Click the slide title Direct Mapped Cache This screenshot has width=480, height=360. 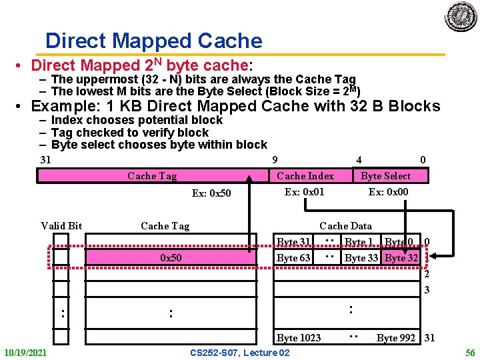[153, 41]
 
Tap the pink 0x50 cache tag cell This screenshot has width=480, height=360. [171, 257]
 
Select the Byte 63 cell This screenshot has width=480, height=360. [293, 258]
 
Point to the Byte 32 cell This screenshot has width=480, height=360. [401, 258]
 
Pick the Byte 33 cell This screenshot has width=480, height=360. [361, 258]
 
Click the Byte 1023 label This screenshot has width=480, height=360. [299, 338]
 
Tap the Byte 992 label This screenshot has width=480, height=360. [396, 338]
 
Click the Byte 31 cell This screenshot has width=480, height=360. [293, 242]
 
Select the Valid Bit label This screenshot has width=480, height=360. [61, 226]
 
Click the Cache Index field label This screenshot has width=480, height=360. [305, 176]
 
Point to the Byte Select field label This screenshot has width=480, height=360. [385, 176]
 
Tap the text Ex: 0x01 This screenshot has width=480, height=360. [304, 192]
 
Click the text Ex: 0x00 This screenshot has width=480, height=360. [388, 192]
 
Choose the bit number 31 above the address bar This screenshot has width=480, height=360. [45, 160]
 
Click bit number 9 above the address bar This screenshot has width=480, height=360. [275, 160]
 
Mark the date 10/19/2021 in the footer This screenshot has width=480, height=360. [25, 352]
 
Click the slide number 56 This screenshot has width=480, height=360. [469, 352]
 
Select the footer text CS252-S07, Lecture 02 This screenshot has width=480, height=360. [239, 352]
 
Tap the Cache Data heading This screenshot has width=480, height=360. [345, 226]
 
